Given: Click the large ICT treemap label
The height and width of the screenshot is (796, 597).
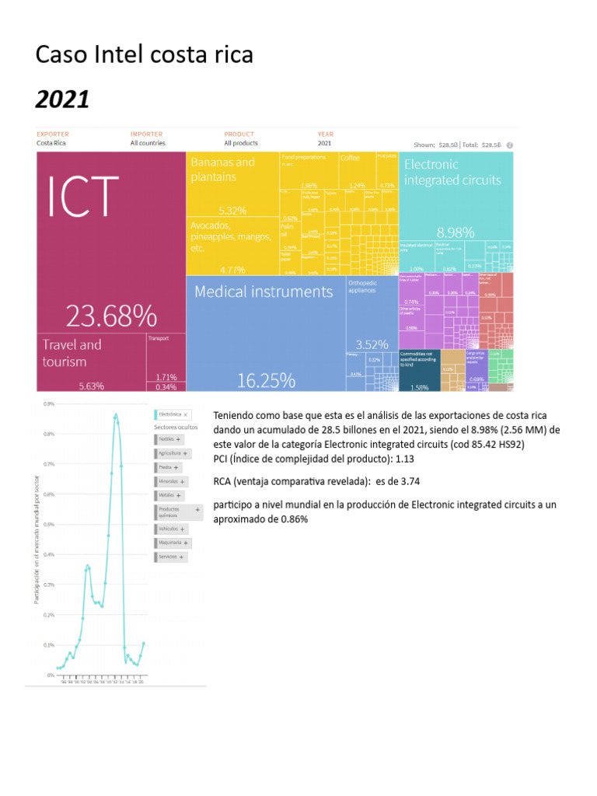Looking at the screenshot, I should point(85,196).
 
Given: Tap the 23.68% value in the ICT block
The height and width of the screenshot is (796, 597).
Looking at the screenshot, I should point(110,316).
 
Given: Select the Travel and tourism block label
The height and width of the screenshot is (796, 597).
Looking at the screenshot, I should point(72,353).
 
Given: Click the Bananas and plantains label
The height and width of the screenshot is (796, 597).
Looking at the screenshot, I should point(222,169).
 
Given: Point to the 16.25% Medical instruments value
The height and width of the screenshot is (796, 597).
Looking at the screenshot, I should point(266,381).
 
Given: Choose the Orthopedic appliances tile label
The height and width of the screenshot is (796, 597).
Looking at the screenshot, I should point(361,286).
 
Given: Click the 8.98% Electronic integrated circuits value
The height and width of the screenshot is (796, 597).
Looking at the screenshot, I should point(456,232).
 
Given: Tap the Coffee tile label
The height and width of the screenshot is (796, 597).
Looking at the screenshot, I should point(350,158).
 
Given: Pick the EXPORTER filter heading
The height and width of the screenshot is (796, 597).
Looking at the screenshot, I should point(53,134).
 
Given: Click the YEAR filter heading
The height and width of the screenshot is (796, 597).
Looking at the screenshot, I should point(325,134).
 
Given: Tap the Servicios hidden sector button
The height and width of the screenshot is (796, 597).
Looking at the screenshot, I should point(172,557).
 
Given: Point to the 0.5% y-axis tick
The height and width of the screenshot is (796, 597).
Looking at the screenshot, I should point(49,525).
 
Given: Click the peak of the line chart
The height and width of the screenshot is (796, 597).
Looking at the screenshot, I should point(116,415).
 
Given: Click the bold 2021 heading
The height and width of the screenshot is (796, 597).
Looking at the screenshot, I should point(63,99).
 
